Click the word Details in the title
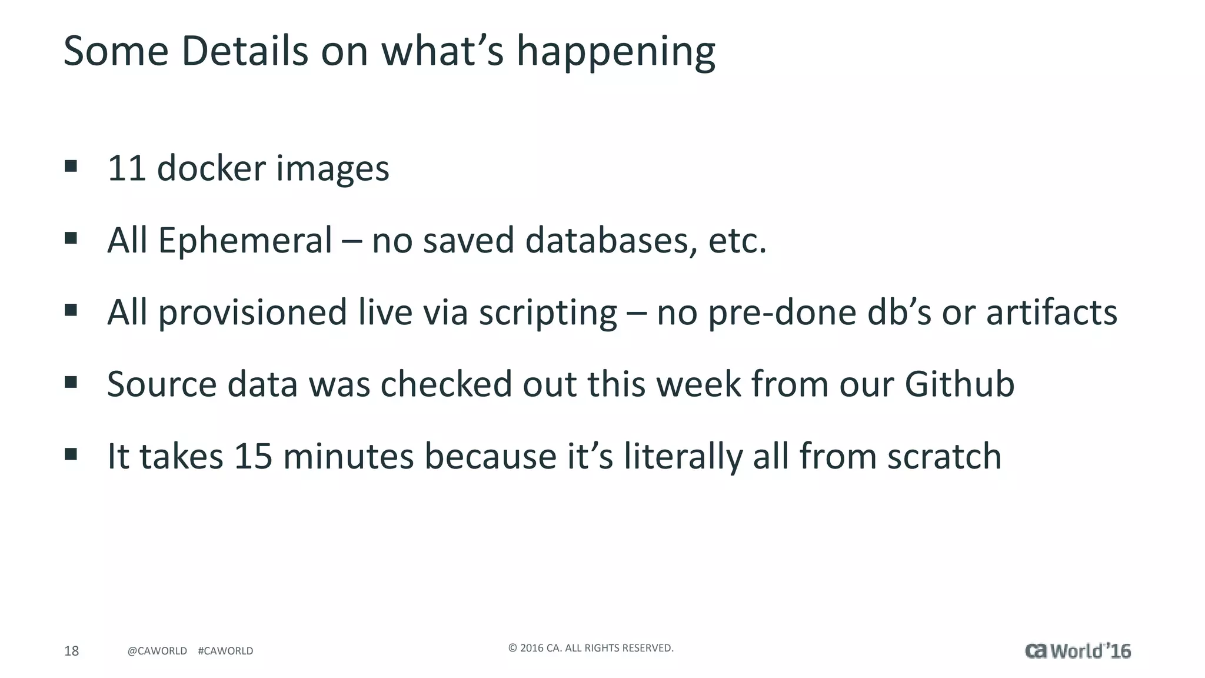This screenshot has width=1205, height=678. click(244, 51)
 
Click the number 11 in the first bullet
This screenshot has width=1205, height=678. click(127, 168)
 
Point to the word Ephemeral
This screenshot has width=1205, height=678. click(245, 241)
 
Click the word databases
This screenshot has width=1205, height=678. click(607, 241)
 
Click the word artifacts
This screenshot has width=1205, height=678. click(1051, 313)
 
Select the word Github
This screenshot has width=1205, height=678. click(959, 384)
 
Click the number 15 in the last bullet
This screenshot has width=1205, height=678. click(253, 457)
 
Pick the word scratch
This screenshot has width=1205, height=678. click(944, 457)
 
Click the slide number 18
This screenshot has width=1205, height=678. click(71, 651)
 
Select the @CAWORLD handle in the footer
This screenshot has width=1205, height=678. click(157, 651)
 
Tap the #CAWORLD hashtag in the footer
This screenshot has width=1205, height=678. click(225, 651)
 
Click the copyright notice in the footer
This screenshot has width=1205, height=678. click(591, 648)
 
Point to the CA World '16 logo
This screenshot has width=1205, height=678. click(1077, 651)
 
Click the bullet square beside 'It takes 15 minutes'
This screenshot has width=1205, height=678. click(71, 454)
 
